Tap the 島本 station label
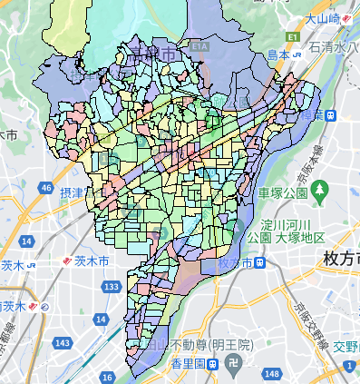(x=281, y=55)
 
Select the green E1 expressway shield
(x=292, y=37)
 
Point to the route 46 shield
(x=45, y=188)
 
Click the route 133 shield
(x=111, y=287)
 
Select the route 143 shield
(x=63, y=343)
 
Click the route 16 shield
(x=108, y=376)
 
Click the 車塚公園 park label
(x=283, y=193)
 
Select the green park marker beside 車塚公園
(x=318, y=190)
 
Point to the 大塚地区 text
(x=298, y=237)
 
